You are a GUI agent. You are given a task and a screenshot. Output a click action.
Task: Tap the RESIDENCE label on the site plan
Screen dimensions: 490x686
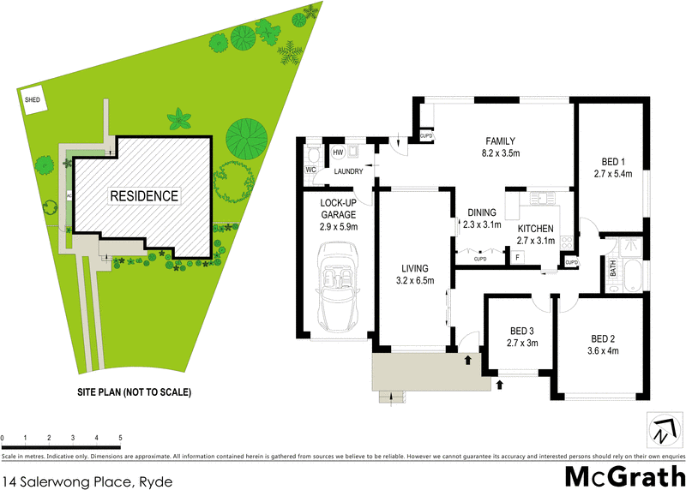143,196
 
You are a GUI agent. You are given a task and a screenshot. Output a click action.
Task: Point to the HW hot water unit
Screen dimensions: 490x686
338,153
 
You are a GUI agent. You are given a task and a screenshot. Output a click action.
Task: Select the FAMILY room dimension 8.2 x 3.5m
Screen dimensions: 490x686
503,153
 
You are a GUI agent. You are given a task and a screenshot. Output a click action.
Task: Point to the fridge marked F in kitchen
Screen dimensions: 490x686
517,257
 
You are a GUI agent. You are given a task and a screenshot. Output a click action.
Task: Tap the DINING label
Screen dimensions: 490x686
482,212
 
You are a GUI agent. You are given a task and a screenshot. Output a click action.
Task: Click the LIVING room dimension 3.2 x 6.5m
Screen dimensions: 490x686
414,280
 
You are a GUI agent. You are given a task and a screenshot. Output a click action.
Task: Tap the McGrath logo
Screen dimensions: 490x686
625,475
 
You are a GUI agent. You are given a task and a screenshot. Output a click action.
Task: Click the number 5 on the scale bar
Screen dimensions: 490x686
120,437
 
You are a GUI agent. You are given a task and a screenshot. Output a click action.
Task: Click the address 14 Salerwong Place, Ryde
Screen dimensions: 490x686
87,481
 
